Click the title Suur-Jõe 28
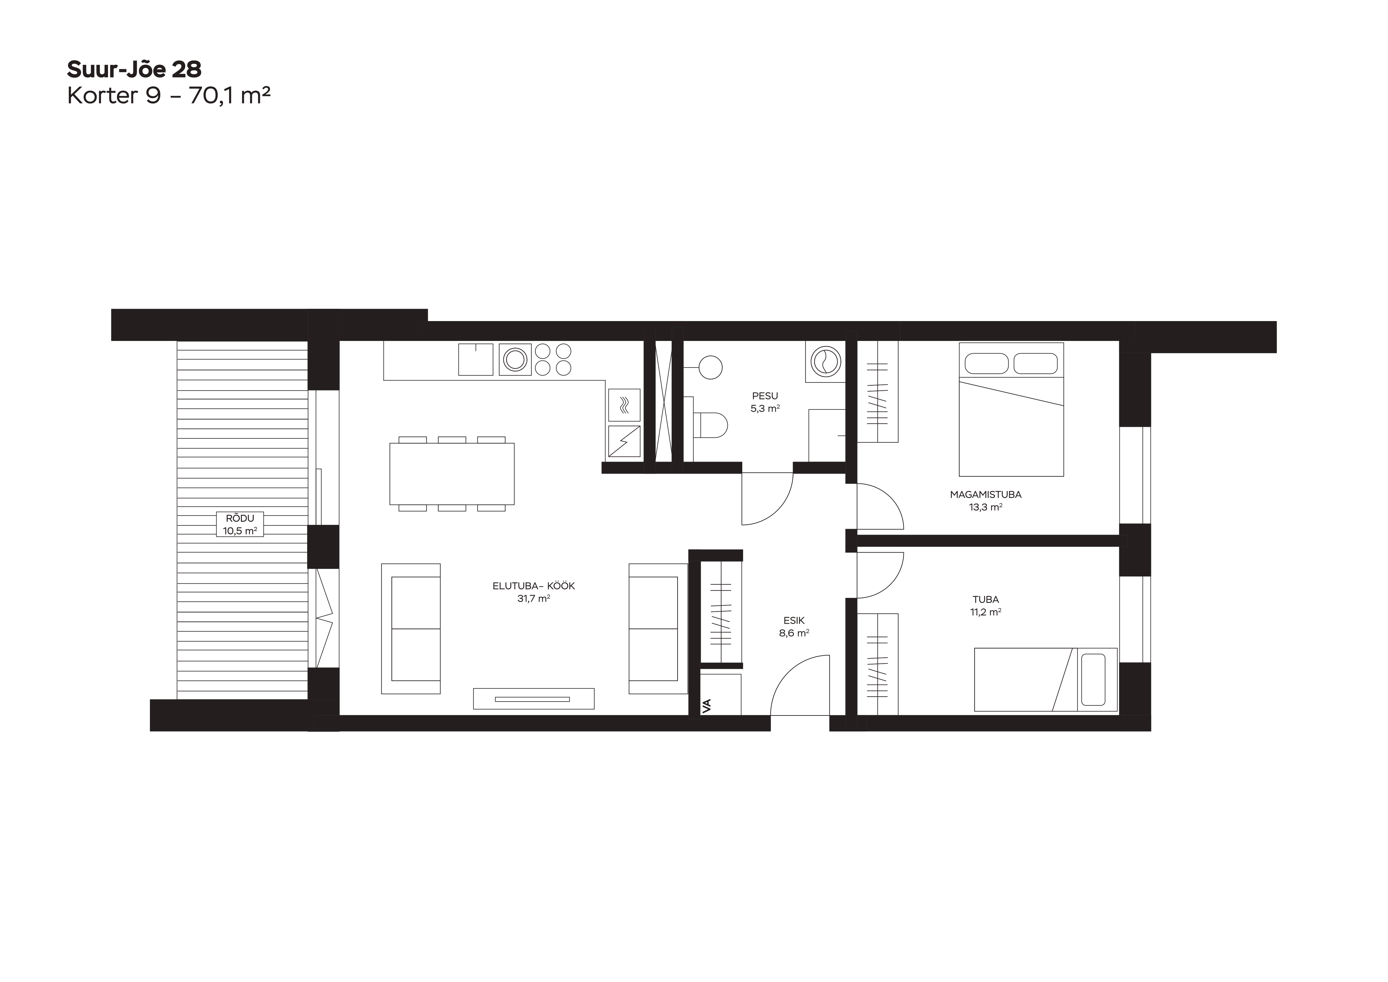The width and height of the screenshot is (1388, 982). tap(134, 69)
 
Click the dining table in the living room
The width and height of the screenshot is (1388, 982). tap(452, 473)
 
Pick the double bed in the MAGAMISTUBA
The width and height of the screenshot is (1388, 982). tap(1011, 409)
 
